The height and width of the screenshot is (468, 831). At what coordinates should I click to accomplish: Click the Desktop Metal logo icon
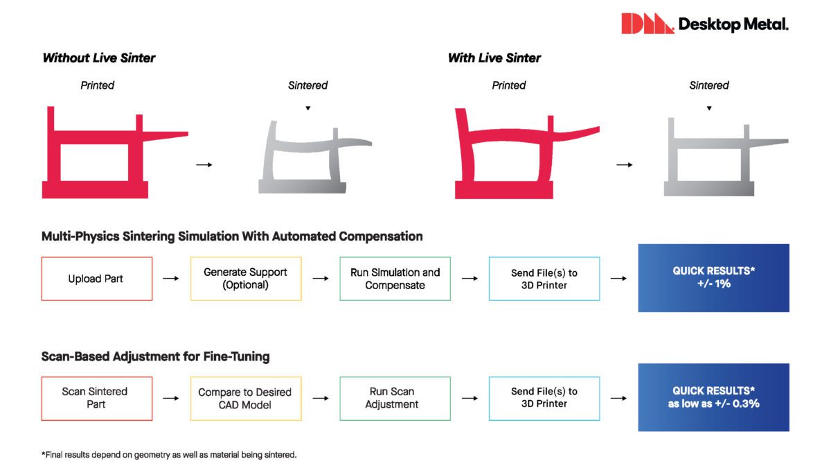click(x=647, y=24)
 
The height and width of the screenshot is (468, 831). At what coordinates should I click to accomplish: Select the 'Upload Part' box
click(x=97, y=279)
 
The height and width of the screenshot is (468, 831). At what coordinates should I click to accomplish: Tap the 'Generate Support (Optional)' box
click(x=246, y=279)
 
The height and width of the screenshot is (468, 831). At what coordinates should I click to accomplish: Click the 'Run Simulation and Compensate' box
click(x=395, y=279)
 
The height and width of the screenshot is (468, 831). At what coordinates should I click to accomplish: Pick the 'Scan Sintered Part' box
click(x=97, y=398)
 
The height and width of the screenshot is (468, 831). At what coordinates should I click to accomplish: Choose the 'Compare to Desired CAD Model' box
click(x=246, y=398)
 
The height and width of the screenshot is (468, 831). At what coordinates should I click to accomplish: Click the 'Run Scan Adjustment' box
click(x=395, y=398)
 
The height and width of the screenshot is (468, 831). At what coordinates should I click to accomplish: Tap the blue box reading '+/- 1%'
click(x=713, y=277)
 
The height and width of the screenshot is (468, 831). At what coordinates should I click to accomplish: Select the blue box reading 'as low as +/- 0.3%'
click(x=713, y=397)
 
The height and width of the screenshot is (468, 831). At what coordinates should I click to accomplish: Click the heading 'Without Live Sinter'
click(x=99, y=58)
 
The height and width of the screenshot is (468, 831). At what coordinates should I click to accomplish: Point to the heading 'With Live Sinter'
click(x=494, y=58)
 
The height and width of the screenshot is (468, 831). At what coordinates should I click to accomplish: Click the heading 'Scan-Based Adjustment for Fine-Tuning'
click(x=156, y=357)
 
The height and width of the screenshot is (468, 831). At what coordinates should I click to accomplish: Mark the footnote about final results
click(x=169, y=455)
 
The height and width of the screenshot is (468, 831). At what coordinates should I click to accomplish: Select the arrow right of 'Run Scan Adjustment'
click(x=470, y=399)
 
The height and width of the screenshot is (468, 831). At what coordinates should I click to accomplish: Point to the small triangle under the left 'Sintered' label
click(x=308, y=108)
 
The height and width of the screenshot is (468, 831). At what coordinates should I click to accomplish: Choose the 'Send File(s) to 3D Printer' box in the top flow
click(x=544, y=279)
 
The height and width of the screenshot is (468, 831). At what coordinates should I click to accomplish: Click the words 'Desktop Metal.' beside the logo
click(x=733, y=25)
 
